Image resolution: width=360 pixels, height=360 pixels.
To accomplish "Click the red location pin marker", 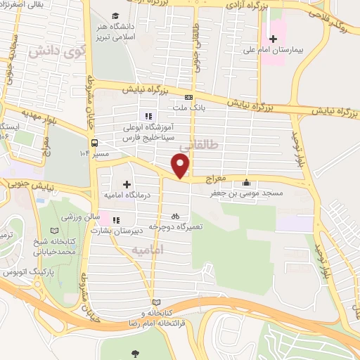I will tap(181, 165).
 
